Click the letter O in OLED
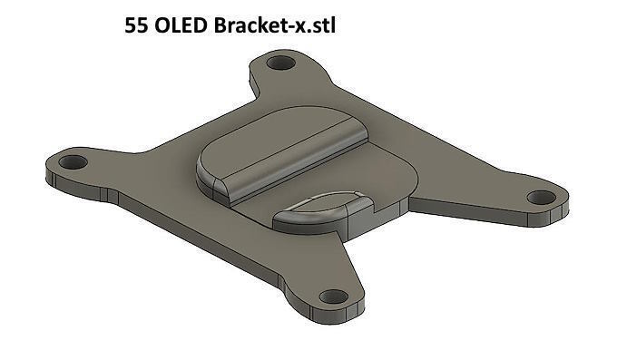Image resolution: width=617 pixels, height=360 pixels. (162, 25)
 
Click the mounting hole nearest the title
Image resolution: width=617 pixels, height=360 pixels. (281, 63)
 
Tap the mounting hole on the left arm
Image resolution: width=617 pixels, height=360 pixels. (73, 162)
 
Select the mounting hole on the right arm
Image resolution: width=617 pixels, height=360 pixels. (542, 197)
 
